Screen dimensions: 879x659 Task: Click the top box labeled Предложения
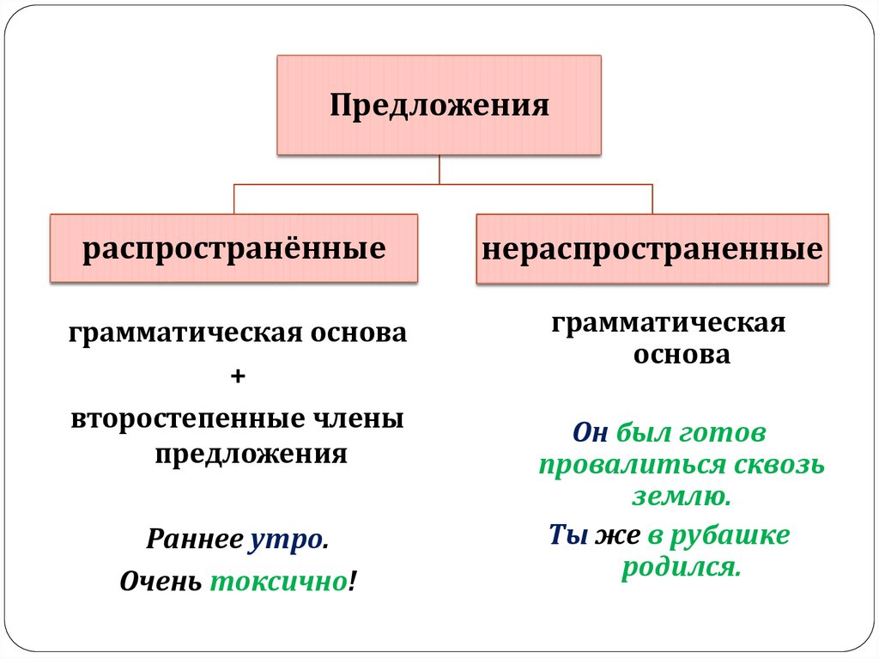coord(439,106)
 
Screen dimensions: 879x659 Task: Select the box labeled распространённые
coord(233,249)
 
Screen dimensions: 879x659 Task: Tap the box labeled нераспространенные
coord(652,250)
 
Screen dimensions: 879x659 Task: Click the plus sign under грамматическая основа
coord(238,376)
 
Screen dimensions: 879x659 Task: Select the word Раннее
coord(194,540)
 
